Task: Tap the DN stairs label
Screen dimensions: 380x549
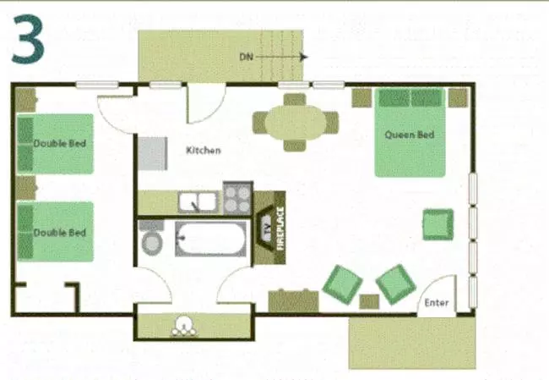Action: point(246,57)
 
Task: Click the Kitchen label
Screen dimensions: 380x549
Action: point(204,151)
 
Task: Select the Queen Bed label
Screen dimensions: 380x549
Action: point(409,135)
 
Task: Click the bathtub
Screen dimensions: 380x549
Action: point(210,239)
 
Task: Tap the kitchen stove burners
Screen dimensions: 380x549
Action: point(237,200)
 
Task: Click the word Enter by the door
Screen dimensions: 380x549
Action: point(436,303)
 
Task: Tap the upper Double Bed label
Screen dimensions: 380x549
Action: point(60,144)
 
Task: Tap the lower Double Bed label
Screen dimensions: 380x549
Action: point(60,233)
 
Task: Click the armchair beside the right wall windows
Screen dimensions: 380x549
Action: point(438,224)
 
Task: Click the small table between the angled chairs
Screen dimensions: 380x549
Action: point(369,301)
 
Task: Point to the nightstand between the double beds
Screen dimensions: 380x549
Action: point(25,186)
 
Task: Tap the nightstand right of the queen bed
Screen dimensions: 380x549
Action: point(458,97)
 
